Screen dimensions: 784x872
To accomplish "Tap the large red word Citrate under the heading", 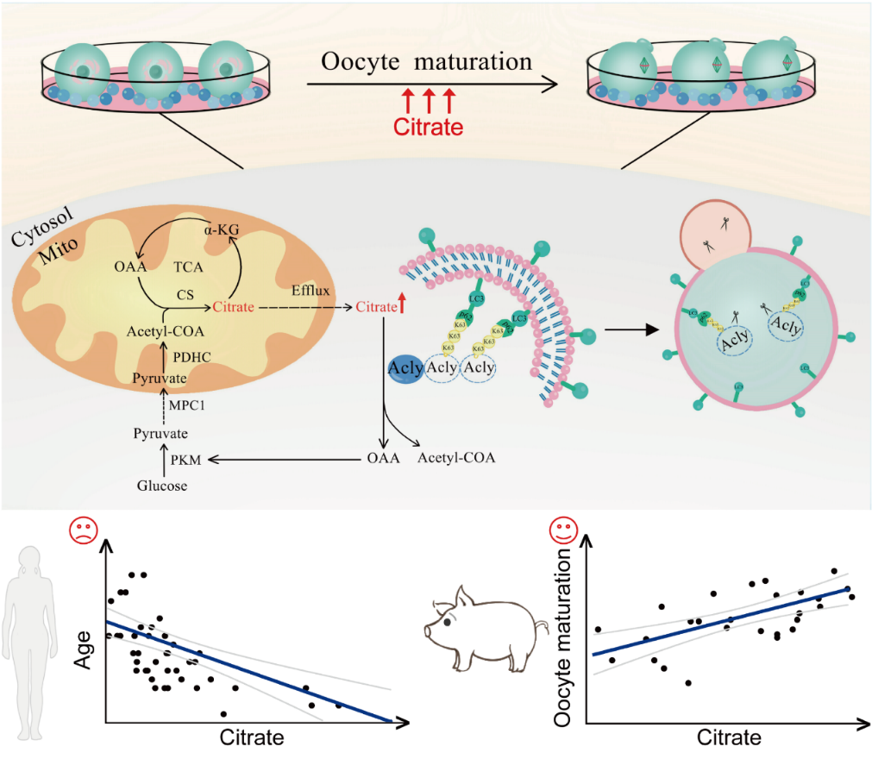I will [429, 127].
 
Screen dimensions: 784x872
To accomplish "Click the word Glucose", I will [162, 485].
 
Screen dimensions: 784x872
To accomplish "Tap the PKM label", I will [185, 460].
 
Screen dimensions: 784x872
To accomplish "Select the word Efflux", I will [311, 292].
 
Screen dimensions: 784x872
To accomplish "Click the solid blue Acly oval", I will [405, 368].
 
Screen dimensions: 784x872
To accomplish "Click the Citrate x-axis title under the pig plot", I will [729, 737].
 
